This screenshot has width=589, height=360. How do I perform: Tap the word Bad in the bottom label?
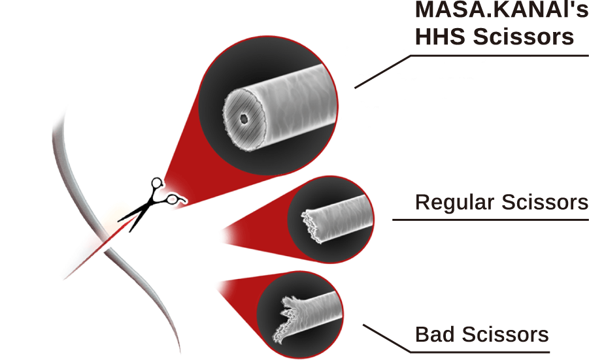[x=435, y=335]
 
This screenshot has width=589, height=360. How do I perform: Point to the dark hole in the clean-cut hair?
[x=244, y=119]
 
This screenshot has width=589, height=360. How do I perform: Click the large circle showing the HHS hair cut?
[x=269, y=105]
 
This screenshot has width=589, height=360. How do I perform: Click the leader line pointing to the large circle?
[x=382, y=71]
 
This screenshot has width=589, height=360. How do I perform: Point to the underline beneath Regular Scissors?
[x=490, y=220]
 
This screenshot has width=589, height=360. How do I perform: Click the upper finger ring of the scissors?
[x=158, y=184]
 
